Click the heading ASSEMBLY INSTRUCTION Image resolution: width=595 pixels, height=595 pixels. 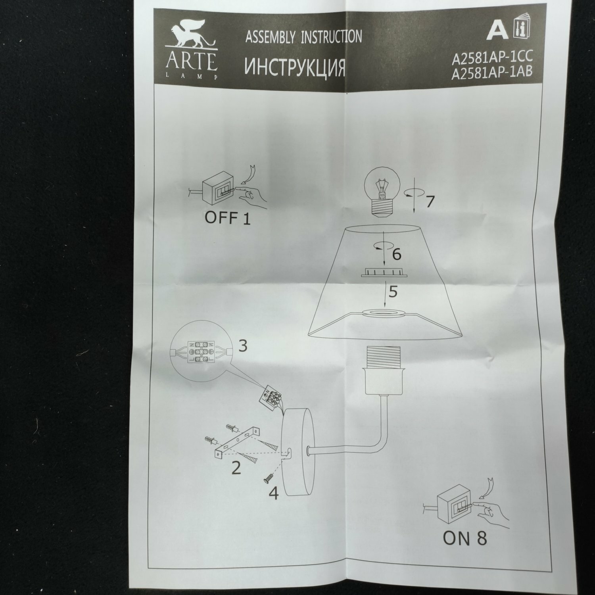point(303,37)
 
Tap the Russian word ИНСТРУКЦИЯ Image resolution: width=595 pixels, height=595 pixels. point(294,66)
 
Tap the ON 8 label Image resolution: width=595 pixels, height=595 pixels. point(464,538)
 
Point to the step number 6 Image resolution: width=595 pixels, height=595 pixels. point(396,255)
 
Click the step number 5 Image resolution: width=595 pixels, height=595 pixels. point(393,292)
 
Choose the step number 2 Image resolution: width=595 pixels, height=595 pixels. point(236,468)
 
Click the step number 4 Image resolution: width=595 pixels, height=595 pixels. point(274,493)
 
